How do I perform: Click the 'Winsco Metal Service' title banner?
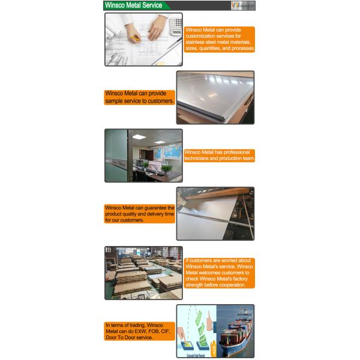pos(134,5)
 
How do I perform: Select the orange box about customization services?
pos(220,39)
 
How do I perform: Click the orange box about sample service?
pos(140,97)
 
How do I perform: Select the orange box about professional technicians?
pos(220,155)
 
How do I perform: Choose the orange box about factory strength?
pos(220,273)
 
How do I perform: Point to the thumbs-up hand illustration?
pos(208,325)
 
